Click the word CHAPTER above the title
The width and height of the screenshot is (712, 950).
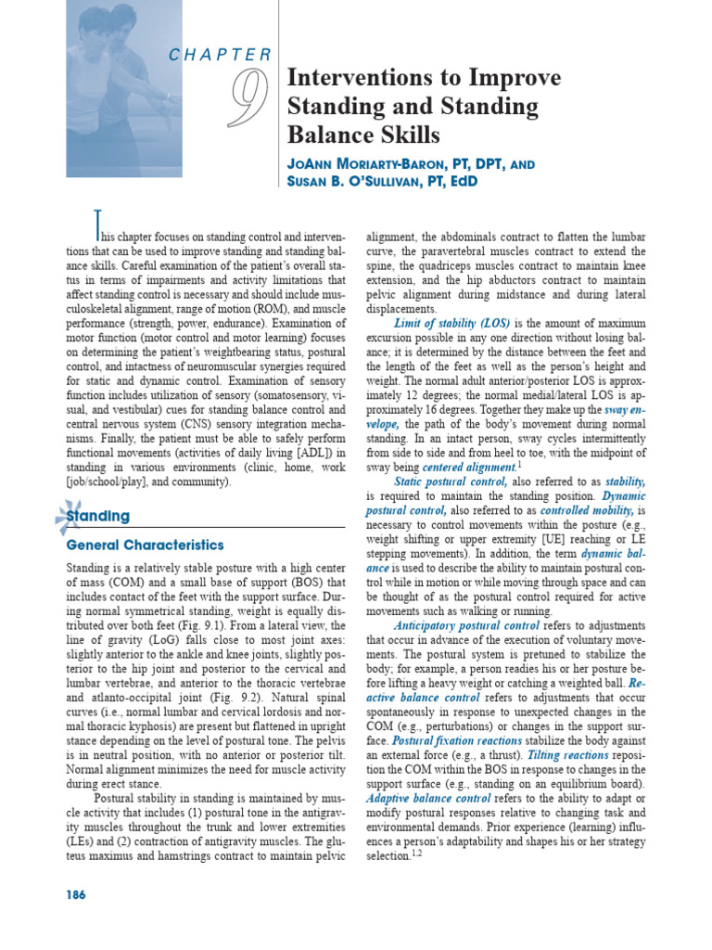pos(220,55)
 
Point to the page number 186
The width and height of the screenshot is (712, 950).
pos(77,894)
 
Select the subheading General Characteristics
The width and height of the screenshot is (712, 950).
pos(144,545)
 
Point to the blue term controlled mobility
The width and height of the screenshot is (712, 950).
pos(584,511)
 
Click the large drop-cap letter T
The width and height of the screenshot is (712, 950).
pos(95,224)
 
